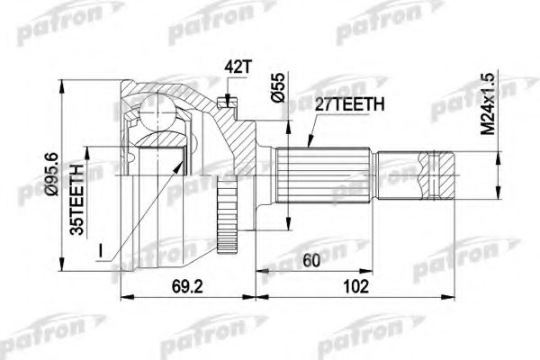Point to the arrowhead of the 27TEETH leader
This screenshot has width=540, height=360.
pos(306,148)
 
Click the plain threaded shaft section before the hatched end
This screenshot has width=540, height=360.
pos(400,175)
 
